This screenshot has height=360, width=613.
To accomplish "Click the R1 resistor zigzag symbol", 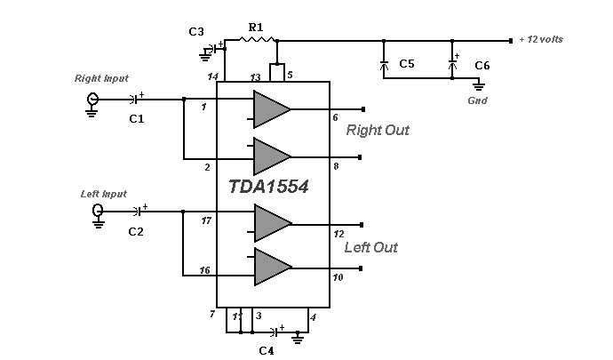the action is (257, 39).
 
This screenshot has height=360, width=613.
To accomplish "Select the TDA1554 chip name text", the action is (268, 187).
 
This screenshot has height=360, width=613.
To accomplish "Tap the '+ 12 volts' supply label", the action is (541, 39).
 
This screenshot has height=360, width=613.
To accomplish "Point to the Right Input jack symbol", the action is (92, 99).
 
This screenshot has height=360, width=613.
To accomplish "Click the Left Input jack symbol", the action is (98, 211).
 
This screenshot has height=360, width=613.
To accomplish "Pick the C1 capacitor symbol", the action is (135, 100).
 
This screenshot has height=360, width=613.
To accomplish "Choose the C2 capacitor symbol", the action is (139, 212).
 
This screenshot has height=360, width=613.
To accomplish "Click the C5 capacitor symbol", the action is (384, 64).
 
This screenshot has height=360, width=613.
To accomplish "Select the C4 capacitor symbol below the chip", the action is (275, 332).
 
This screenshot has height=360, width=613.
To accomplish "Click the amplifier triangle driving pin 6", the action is (272, 109).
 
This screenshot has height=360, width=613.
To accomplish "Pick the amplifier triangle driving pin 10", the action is (273, 267).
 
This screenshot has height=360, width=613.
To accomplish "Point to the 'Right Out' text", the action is (378, 130).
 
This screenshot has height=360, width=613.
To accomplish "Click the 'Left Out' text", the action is (371, 247).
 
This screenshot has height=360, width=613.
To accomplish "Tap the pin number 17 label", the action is (206, 220).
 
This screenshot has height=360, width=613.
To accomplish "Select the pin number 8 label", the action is (336, 166).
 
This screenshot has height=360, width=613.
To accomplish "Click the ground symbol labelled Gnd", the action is (479, 85).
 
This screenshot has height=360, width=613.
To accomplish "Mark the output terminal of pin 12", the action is (362, 225).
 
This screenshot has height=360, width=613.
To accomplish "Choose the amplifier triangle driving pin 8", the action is (272, 156).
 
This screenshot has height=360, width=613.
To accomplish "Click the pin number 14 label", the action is (212, 76).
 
